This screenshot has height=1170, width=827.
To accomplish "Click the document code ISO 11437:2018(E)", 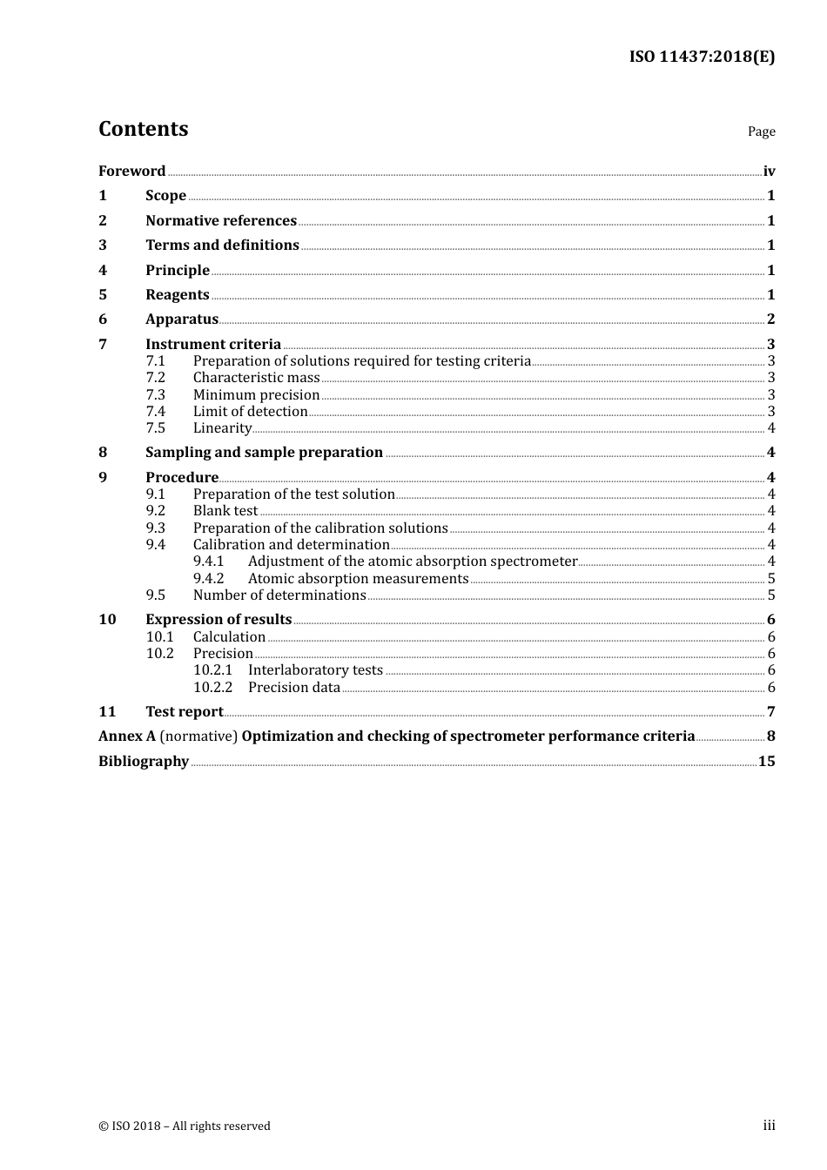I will click(702, 57).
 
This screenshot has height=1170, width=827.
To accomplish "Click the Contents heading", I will click(144, 129).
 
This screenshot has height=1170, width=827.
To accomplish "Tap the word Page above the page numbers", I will click(761, 131).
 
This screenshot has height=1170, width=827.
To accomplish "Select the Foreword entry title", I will click(131, 171).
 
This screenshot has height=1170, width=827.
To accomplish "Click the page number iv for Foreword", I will click(769, 171).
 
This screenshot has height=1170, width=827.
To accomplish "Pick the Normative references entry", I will click(221, 220).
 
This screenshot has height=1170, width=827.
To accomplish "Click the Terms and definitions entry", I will click(222, 245).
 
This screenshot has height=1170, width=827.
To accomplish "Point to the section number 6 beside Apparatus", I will click(103, 319).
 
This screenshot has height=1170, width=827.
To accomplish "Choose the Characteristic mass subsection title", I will click(256, 377).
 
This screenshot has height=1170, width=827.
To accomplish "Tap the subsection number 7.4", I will click(155, 411).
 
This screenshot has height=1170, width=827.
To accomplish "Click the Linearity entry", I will click(222, 427).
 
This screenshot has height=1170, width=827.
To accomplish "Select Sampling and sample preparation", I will click(264, 452).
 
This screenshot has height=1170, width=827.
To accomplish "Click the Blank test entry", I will click(225, 510).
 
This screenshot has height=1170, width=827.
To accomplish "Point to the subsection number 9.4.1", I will click(208, 561).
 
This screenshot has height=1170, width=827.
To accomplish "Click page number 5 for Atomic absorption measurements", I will click(771, 578).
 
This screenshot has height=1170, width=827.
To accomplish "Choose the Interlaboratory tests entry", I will click(315, 669).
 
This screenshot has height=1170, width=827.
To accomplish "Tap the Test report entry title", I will click(184, 711).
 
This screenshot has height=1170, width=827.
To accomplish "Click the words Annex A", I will click(127, 736).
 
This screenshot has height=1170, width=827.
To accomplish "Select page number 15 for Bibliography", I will click(766, 761).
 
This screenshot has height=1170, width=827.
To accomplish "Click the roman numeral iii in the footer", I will click(769, 1126).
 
